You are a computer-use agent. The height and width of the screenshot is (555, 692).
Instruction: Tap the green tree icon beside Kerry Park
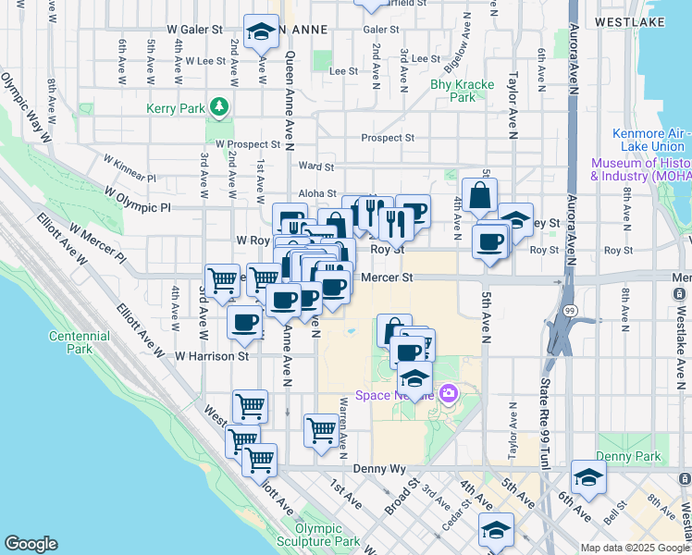[x=219, y=108]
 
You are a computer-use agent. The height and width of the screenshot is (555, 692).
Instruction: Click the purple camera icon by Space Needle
[x=450, y=394]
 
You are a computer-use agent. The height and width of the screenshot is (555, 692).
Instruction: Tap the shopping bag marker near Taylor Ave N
[x=480, y=196]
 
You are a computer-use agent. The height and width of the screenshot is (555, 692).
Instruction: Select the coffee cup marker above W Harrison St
[x=244, y=322]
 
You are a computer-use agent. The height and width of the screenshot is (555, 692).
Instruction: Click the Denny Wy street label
[x=387, y=469]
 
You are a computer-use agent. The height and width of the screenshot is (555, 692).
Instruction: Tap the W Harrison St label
[x=212, y=355]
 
